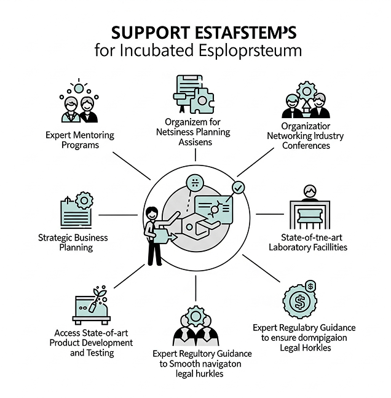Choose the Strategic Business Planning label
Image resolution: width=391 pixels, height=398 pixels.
click(73, 242)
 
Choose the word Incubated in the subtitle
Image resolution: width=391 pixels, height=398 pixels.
click(161, 50)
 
